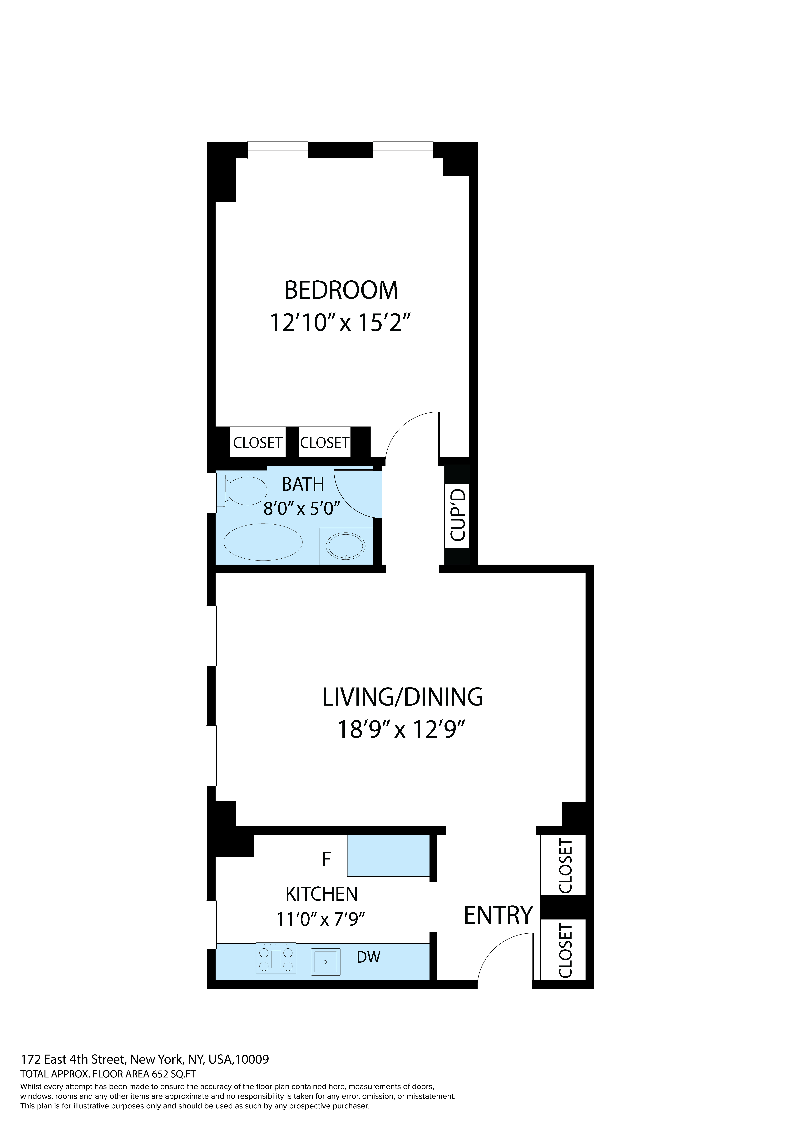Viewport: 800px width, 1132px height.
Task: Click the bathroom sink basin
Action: (x=346, y=546)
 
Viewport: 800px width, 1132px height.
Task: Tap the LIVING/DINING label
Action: (x=402, y=697)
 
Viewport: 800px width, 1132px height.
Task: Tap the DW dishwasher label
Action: (x=368, y=957)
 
